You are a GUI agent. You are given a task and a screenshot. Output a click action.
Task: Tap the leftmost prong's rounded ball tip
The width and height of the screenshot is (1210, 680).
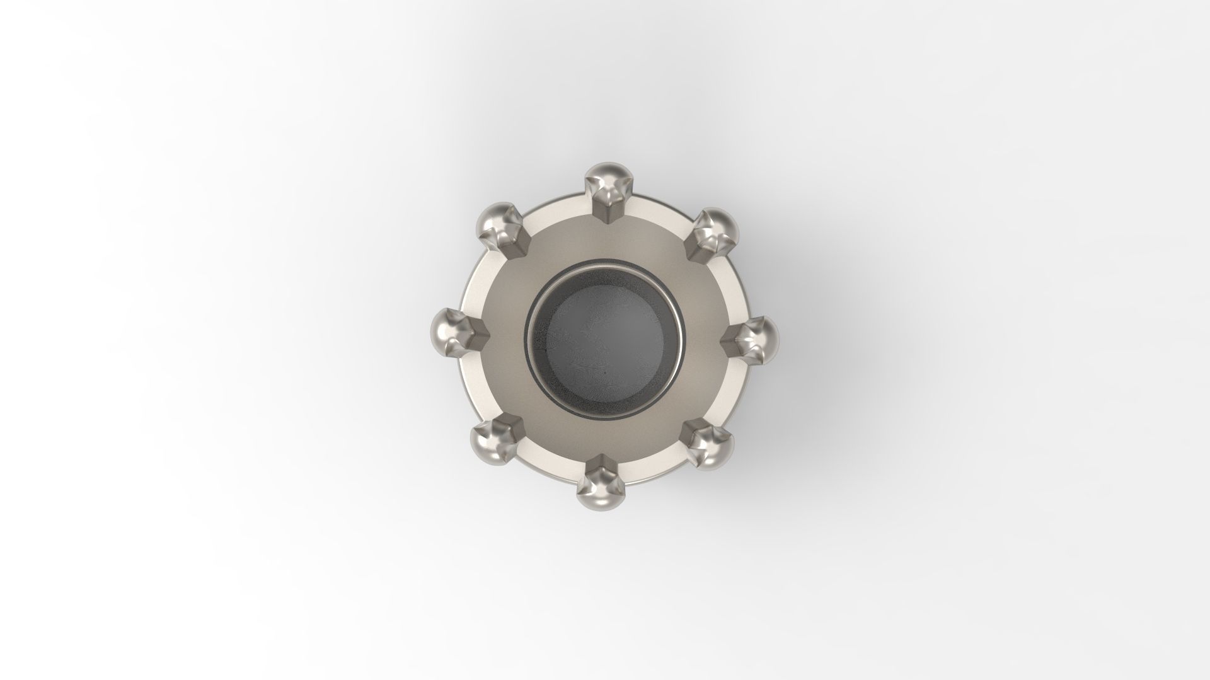pos(445,327)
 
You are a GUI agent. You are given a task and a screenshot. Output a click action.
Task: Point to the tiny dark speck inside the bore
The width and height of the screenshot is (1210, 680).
pos(604,373)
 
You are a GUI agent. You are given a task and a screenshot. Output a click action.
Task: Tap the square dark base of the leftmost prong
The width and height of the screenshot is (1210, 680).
pos(476,332)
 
